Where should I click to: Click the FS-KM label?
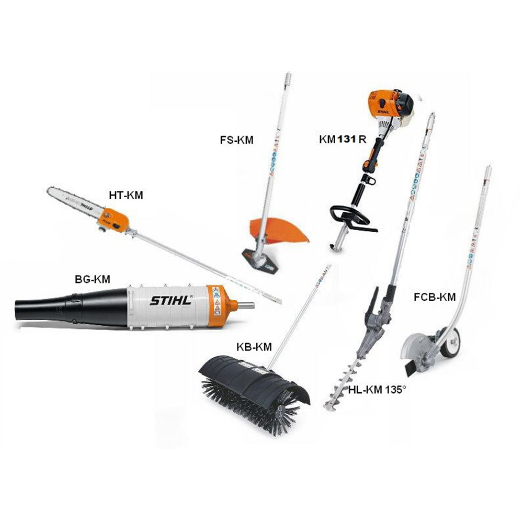point(236,140)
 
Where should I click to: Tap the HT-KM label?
point(126,195)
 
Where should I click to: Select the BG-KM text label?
point(93,279)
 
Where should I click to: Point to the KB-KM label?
point(254,347)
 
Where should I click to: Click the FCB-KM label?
point(435,297)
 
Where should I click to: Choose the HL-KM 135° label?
point(377,390)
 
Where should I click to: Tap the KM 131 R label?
point(343,140)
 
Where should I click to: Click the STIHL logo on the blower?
point(172,300)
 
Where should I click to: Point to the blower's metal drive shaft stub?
point(245,305)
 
